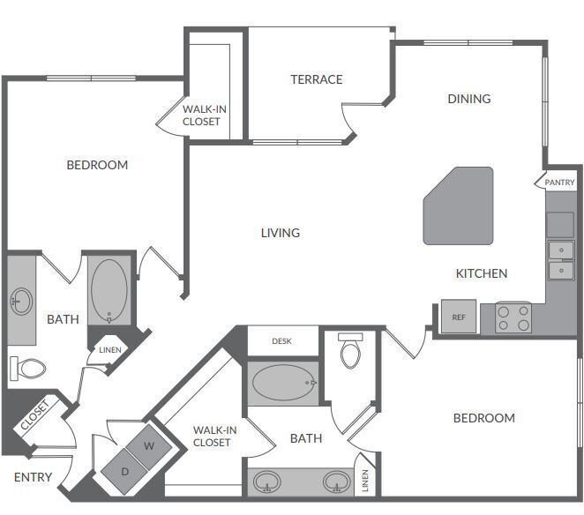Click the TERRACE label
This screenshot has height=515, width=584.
tap(317, 79)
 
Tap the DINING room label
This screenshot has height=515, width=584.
tap(468, 99)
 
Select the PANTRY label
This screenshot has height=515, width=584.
tap(559, 183)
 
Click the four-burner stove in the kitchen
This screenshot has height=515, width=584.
tap(513, 317)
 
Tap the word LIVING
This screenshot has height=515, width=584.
tap(281, 233)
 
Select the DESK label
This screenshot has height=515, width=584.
tap(281, 340)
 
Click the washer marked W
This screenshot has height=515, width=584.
tap(148, 445)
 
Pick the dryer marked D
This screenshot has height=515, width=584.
tap(124, 471)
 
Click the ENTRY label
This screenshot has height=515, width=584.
tap(33, 478)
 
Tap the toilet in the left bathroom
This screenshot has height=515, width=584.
tap(29, 367)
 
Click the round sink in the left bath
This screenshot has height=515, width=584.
tap(21, 302)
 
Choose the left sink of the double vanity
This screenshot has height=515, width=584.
tap(267, 482)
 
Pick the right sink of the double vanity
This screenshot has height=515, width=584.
tap(335, 482)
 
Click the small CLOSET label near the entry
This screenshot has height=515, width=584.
tap(35, 417)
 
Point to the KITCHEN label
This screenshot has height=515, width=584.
tap(481, 273)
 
